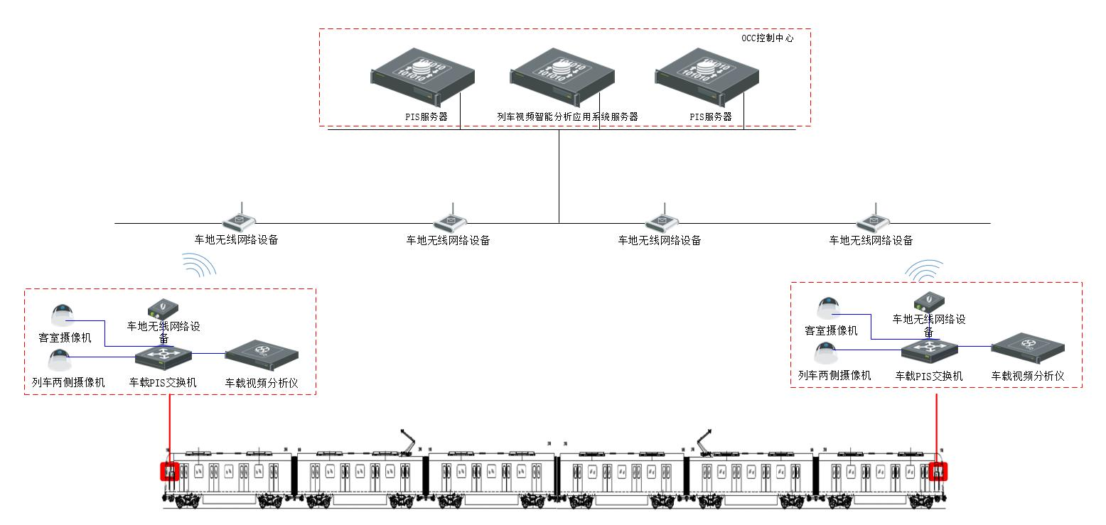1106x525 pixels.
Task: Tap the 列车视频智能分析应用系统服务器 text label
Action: (567, 117)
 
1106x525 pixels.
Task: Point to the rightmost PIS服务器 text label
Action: (710, 117)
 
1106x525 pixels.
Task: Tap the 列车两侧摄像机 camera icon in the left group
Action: (59, 359)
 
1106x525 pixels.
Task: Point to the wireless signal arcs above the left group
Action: (199, 265)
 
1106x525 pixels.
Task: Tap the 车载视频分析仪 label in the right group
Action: (1028, 376)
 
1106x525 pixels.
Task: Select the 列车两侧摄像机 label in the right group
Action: (834, 376)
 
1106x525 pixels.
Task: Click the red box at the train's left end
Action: (169, 471)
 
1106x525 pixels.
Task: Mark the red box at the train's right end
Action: (938, 471)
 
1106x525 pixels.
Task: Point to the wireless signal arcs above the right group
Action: (924, 270)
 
